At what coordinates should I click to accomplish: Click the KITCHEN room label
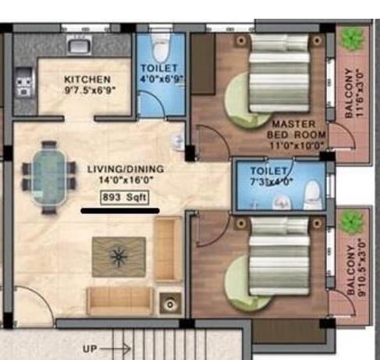[87, 79]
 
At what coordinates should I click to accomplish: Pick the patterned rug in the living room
[119, 255]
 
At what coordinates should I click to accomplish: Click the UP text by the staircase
[90, 348]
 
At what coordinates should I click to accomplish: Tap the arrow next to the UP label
[115, 348]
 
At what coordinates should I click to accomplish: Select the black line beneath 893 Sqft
[121, 210]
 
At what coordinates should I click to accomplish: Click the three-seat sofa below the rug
[119, 300]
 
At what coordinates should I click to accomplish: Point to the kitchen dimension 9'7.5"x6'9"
[87, 90]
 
